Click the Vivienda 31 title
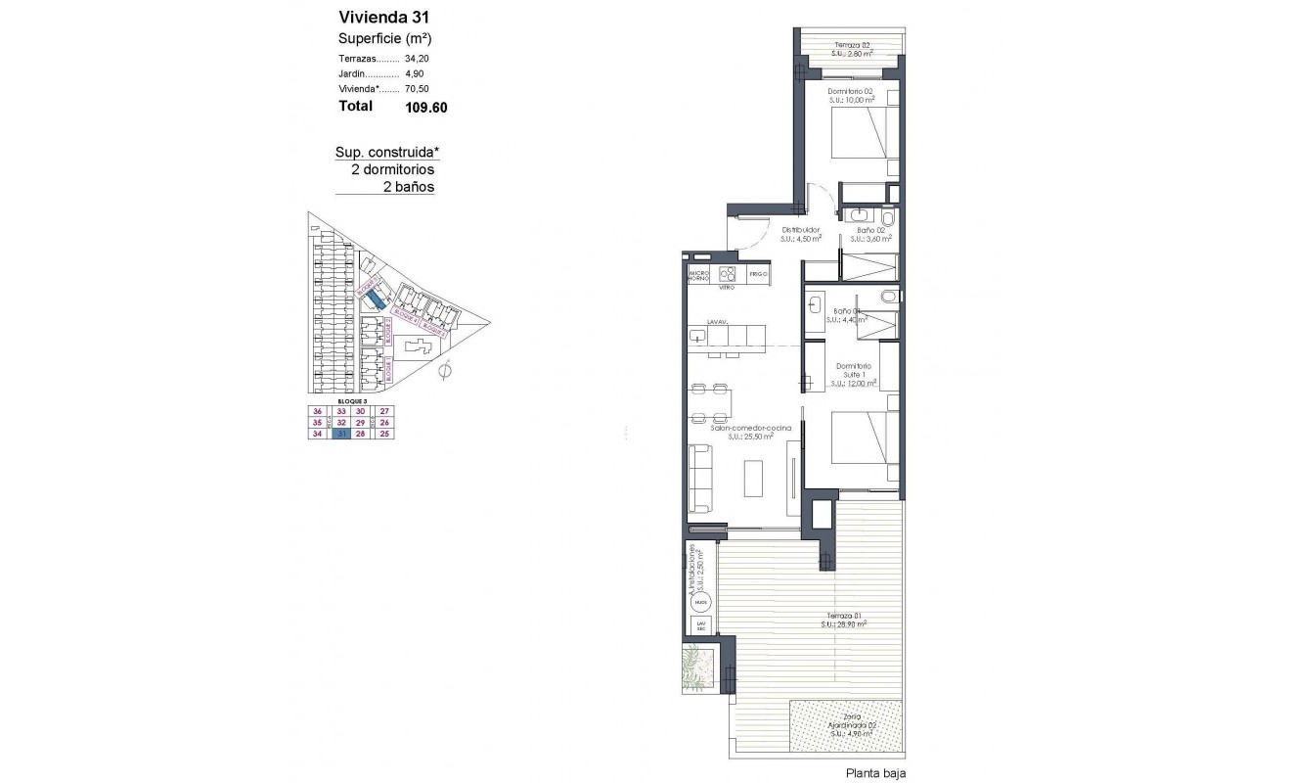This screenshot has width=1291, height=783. [383, 17]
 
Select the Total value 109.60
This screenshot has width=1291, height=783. [425, 108]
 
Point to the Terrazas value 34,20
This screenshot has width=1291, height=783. [418, 59]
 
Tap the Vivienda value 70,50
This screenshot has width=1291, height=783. [418, 89]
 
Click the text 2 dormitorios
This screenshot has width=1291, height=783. [392, 169]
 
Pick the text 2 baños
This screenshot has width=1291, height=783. [409, 187]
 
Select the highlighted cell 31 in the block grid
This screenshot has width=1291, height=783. [340, 435]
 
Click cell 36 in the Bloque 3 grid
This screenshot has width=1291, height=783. [318, 411]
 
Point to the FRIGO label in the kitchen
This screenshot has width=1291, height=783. [758, 275]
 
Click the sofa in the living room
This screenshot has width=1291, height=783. [700, 478]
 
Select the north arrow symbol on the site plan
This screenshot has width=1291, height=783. [446, 370]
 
